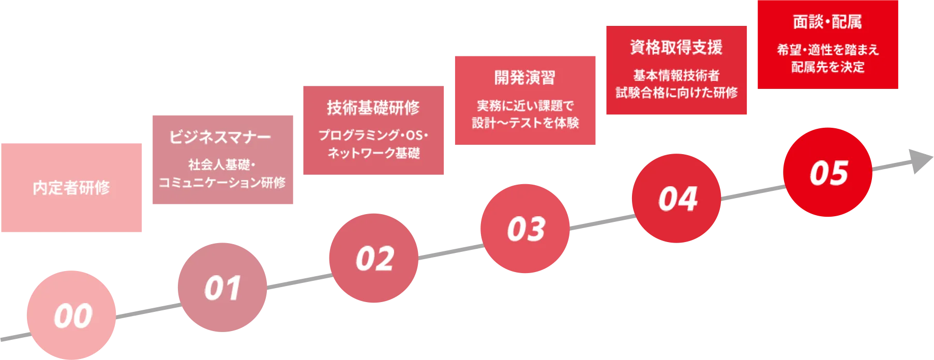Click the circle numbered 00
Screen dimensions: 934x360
pos(71,315)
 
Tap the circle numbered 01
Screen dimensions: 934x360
pos(222,288)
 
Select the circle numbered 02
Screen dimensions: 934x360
pos(374,258)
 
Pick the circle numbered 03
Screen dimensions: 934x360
pos(525,229)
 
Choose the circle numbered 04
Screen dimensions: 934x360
pos(676,198)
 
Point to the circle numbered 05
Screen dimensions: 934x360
pos(827,172)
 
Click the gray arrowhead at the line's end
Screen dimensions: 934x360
pos(921,161)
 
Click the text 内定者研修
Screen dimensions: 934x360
pos(71,188)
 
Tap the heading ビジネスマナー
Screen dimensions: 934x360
pos(220,137)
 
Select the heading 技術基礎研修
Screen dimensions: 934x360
pos(373,108)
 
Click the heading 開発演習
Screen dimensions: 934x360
pos(525,78)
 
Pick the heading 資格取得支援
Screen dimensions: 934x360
pos(676,48)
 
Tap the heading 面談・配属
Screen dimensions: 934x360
pos(827,22)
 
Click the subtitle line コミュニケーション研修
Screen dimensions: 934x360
pos(222,183)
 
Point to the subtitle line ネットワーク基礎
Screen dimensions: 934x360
pos(374,153)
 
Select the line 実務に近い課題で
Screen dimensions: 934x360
pos(525,106)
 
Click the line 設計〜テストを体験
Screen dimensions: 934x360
pos(525,123)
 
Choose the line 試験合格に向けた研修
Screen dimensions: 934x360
pos(676,93)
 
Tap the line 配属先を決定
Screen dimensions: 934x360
pos(827,67)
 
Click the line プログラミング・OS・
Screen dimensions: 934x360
pos(373,136)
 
